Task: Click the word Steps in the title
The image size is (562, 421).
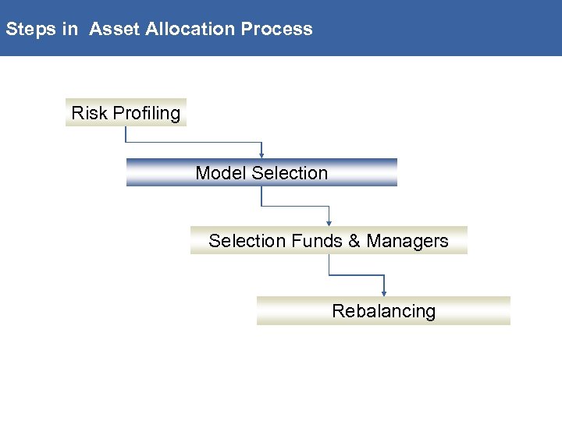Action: (x=30, y=30)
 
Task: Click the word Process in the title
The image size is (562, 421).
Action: (x=276, y=30)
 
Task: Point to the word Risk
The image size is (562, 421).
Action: (x=89, y=113)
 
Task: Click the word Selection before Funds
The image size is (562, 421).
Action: (x=247, y=241)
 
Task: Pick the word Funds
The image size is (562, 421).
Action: (x=317, y=241)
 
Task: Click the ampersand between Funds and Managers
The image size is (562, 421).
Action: (x=354, y=241)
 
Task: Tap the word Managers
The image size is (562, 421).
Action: (x=407, y=241)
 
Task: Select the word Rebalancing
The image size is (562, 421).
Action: (x=383, y=311)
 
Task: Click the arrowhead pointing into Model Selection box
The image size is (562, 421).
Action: (x=262, y=154)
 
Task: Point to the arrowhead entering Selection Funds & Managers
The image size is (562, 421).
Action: (x=329, y=223)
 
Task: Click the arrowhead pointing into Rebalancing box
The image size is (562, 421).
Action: (x=384, y=292)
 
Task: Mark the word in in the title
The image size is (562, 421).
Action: (x=71, y=30)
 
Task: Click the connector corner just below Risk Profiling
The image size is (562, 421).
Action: (x=126, y=143)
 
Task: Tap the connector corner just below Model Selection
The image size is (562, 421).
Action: (x=261, y=206)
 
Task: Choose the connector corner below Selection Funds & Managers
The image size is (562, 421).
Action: (x=329, y=274)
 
